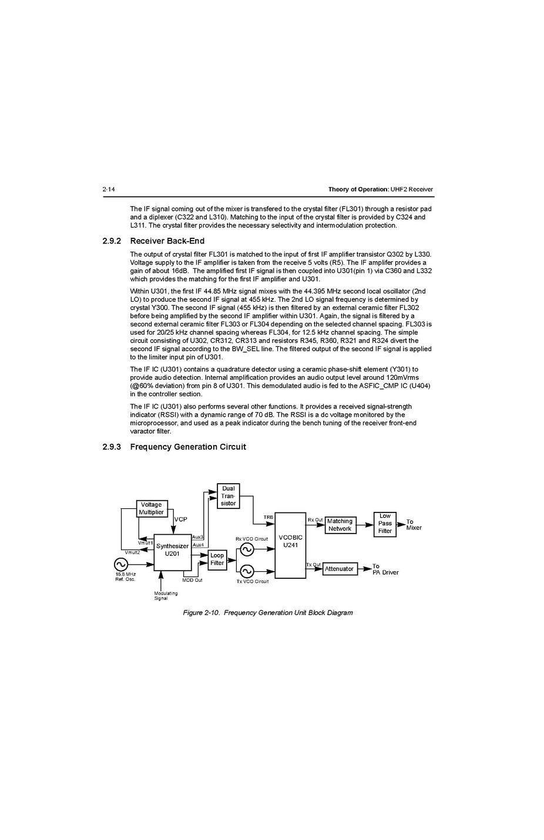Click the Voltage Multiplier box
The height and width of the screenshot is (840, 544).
click(152, 508)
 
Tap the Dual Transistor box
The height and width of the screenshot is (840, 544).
click(229, 496)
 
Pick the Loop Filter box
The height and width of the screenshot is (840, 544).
click(217, 559)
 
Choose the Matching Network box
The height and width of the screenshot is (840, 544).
click(340, 525)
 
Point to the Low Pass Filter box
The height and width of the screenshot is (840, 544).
click(385, 524)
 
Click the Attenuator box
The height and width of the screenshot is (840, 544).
click(340, 569)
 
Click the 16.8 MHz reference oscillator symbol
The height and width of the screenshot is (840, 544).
click(120, 565)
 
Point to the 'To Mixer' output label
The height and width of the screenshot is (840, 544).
click(414, 525)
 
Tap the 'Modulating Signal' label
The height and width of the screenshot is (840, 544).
click(166, 596)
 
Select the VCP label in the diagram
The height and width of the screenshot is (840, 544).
click(180, 519)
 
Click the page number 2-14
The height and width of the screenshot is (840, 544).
click(109, 190)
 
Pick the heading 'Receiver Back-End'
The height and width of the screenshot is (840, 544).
click(167, 241)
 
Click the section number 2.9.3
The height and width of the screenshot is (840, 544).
click(112, 447)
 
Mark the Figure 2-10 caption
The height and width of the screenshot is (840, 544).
click(268, 613)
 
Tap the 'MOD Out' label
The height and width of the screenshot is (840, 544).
click(192, 581)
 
